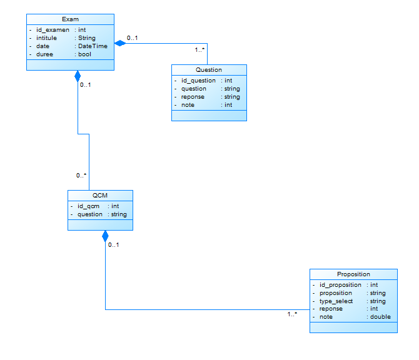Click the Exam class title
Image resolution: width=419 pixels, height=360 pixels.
[x=70, y=19]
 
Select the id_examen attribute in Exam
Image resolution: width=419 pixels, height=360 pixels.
[x=53, y=29]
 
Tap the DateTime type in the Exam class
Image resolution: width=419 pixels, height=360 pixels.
[x=93, y=46]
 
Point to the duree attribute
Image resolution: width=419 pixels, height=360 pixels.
[x=45, y=54]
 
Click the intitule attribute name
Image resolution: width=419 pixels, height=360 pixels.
[x=46, y=38]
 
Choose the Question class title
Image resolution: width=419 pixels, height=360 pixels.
[x=209, y=70]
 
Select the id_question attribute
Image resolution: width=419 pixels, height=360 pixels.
[x=198, y=81]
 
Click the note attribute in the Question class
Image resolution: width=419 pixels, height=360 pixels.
[x=188, y=105]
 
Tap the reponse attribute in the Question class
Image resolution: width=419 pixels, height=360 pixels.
[x=193, y=97]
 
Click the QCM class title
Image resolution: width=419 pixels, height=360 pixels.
[x=100, y=196]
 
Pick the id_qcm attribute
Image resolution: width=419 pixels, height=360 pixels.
[x=88, y=206]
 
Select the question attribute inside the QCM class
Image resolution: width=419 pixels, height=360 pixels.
[x=90, y=214]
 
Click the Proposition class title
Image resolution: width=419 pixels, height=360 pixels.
[x=353, y=274]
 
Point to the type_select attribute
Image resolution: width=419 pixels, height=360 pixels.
[x=336, y=301]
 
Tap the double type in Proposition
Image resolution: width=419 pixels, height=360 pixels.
[x=380, y=317]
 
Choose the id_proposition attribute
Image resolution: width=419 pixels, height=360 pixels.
[x=340, y=285]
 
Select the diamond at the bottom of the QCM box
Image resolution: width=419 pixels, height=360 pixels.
[x=105, y=236]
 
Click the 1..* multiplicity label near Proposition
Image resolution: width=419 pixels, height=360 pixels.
[x=292, y=314]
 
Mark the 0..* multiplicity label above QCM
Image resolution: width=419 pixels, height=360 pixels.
[x=81, y=176]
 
